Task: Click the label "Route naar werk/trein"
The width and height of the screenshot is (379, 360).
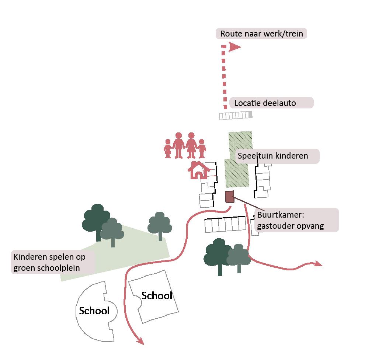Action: pyautogui.click(x=261, y=34)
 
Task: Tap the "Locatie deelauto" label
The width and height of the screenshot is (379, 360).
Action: pyautogui.click(x=271, y=103)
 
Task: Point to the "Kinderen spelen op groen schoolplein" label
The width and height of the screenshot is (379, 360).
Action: pyautogui.click(x=53, y=262)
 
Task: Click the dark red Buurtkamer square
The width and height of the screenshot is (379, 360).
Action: pyautogui.click(x=230, y=197)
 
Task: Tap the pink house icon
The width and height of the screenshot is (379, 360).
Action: pyautogui.click(x=198, y=170)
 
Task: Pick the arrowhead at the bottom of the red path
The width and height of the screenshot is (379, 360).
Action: pyautogui.click(x=140, y=342)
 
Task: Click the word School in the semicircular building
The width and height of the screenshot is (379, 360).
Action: pyautogui.click(x=94, y=311)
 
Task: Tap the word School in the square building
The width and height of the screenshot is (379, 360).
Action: pyautogui.click(x=157, y=295)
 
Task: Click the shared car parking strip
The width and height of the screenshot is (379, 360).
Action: pyautogui.click(x=236, y=116)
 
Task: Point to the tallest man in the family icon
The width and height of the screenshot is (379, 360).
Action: pyautogui.click(x=179, y=145)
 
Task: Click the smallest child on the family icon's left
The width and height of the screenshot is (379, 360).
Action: pyautogui.click(x=168, y=148)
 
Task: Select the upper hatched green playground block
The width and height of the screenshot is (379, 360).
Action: pyautogui.click(x=240, y=145)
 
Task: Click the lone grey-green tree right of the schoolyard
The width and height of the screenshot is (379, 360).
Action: pyautogui.click(x=160, y=224)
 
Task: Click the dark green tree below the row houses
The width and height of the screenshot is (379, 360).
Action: pyautogui.click(x=218, y=254)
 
